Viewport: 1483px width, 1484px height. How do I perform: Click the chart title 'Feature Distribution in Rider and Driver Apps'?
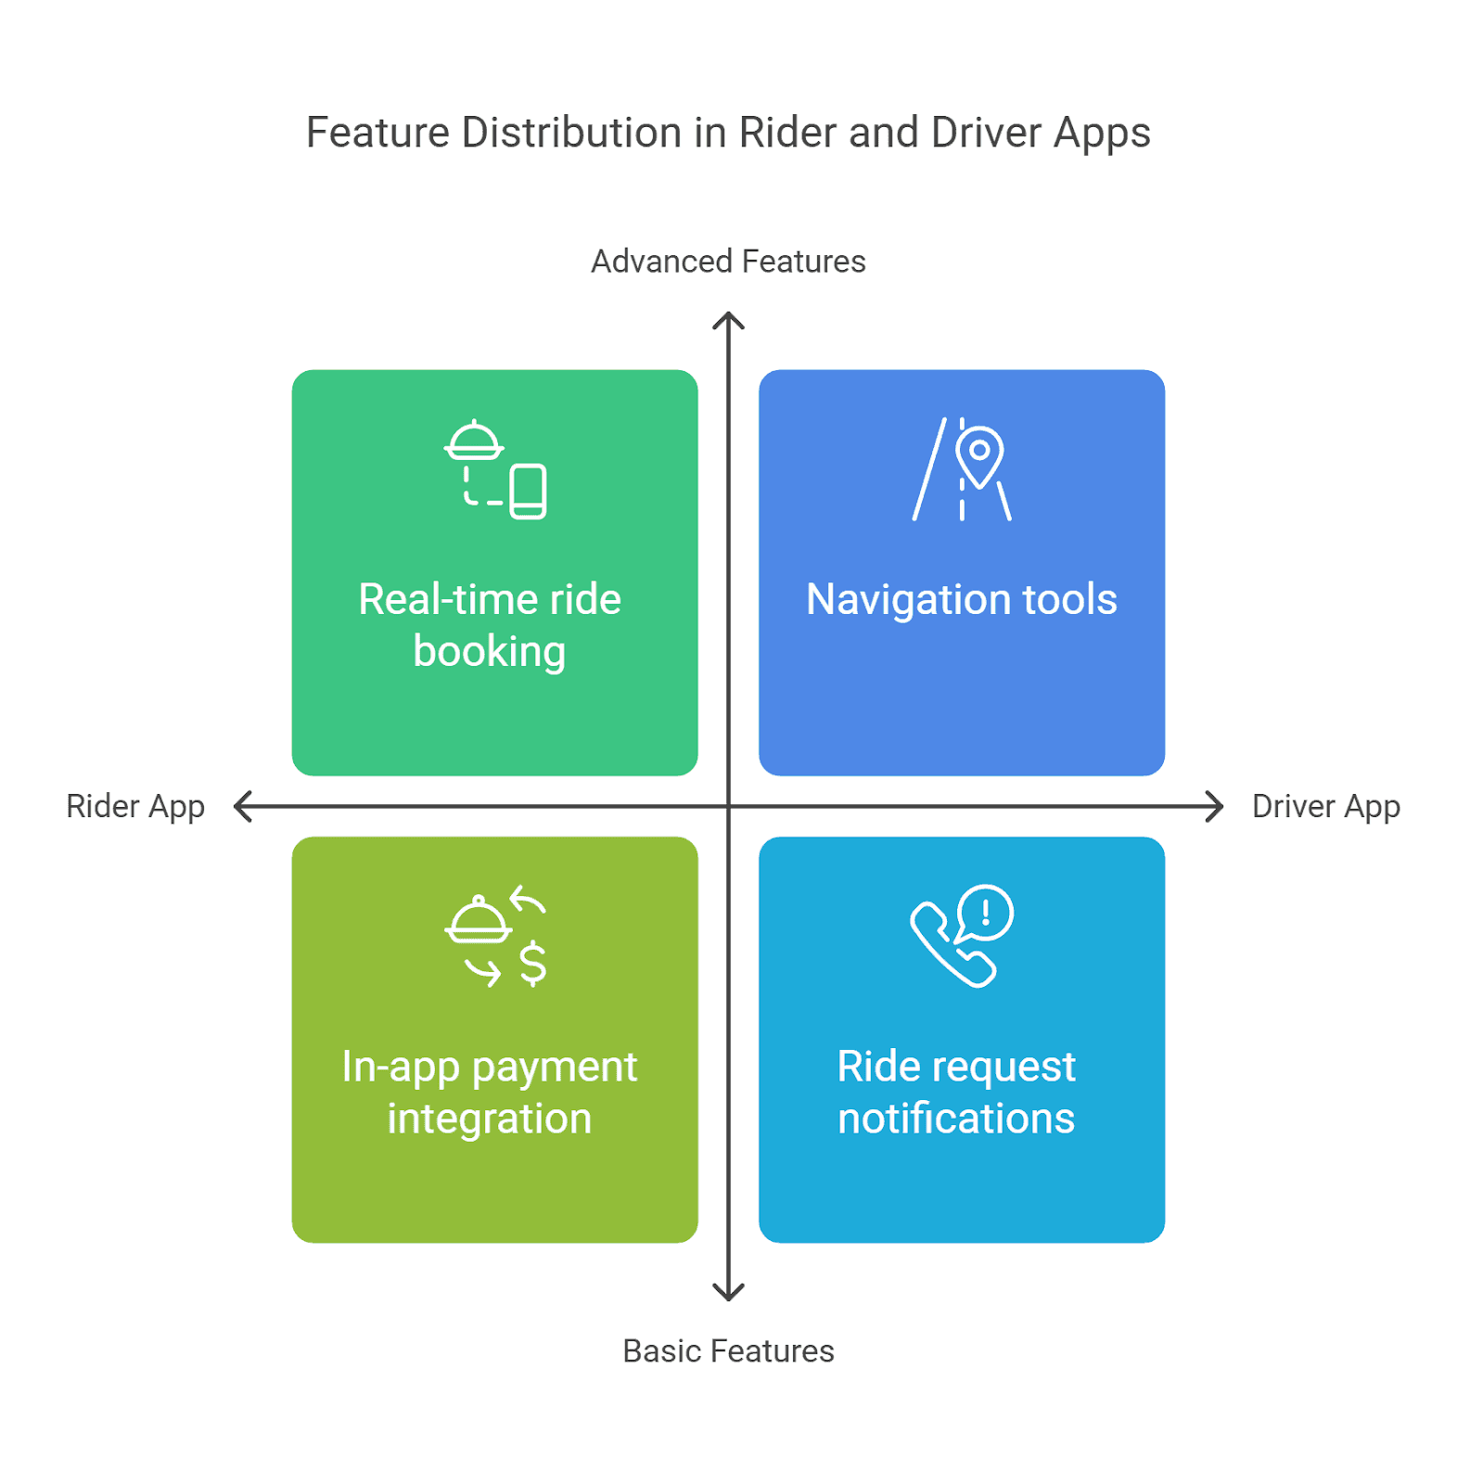point(728,133)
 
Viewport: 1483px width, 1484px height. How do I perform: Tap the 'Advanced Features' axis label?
point(728,262)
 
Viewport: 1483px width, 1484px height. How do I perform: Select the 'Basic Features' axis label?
point(728,1351)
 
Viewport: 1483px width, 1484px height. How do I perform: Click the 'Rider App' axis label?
point(135,806)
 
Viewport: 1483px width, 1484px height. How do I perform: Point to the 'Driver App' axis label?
point(1325,806)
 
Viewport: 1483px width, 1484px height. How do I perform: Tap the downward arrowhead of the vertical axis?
point(728,1293)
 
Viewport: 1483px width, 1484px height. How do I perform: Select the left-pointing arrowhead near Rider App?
point(242,806)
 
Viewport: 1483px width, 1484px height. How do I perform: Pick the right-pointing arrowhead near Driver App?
point(1216,806)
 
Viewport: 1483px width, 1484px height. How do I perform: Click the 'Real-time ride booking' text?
point(490,625)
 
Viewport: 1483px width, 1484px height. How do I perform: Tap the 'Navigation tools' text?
point(961,599)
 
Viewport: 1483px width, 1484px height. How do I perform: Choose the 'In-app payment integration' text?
point(490,1092)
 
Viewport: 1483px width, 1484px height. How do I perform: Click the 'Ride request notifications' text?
point(956,1092)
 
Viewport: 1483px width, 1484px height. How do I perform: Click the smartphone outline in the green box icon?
point(528,492)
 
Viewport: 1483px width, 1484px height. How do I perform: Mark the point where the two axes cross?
point(728,806)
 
